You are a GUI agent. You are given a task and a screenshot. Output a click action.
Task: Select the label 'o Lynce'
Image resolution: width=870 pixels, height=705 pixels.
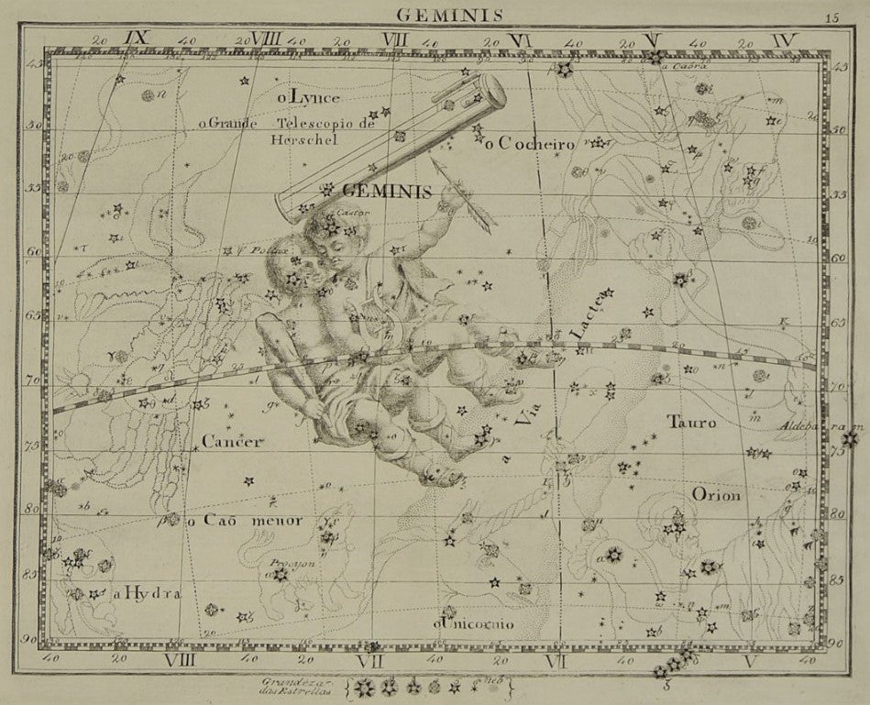click(x=308, y=96)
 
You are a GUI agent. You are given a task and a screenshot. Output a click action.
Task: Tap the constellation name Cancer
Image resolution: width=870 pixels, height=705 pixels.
click(x=232, y=442)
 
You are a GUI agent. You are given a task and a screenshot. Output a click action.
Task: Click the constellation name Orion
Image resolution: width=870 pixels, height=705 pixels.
click(x=716, y=494)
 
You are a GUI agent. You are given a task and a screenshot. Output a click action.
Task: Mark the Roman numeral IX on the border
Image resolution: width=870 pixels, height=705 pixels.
click(x=137, y=39)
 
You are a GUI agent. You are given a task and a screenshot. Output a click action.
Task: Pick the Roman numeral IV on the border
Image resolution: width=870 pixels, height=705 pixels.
click(x=785, y=39)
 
